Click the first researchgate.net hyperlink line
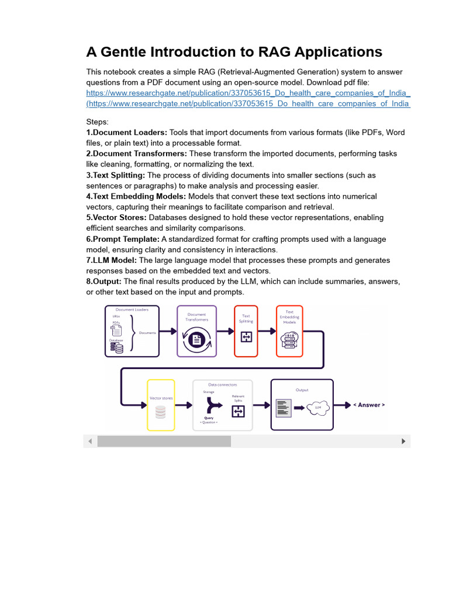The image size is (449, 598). coord(248,93)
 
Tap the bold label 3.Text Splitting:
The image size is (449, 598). coord(115,175)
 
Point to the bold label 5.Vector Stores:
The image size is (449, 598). coord(116,218)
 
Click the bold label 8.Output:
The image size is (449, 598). coord(104,281)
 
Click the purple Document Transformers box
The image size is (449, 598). coord(196,331)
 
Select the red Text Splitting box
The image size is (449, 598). coord(246,331)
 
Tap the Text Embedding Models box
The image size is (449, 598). coord(289,331)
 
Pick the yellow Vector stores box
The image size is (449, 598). coord(161,405)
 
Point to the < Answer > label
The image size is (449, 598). coord(369,405)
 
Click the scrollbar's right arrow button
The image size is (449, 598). coord(403,441)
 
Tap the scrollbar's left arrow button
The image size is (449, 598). coord(91,441)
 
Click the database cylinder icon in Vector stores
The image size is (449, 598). coord(161,412)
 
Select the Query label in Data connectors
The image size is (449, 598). coord(209,418)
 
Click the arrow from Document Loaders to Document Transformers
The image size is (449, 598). coord(168,331)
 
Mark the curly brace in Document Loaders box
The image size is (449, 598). coord(132,332)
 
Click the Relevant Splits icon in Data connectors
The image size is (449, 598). coord(238,412)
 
